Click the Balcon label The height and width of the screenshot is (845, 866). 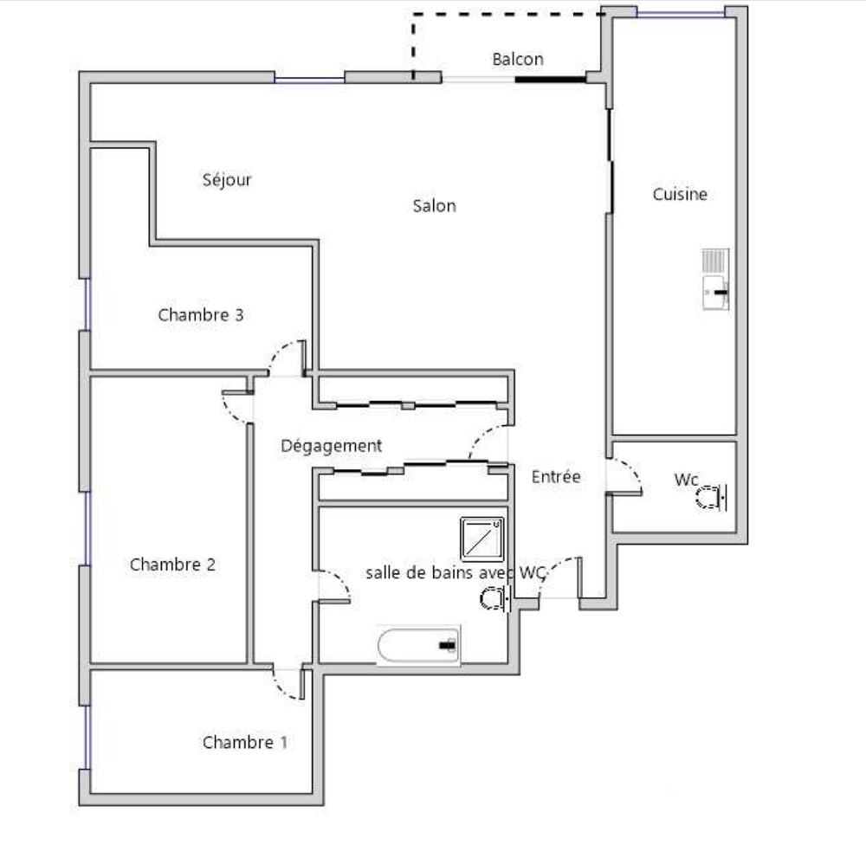point(518,59)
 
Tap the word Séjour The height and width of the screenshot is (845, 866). point(226,179)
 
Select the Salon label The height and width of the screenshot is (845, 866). point(434,206)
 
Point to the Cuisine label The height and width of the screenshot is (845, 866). point(680,194)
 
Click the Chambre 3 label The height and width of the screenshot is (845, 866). point(201,315)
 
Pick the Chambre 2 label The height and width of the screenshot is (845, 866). point(172,564)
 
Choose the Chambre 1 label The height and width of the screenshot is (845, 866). point(245,742)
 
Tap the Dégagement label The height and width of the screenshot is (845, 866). point(331,446)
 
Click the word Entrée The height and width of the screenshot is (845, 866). point(556,477)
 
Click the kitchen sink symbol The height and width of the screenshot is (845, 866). point(716,279)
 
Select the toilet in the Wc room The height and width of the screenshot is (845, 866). point(711,498)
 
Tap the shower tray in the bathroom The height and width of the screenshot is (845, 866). point(482,539)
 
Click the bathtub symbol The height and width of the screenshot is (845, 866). point(418,644)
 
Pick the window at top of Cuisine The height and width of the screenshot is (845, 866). point(681,13)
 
